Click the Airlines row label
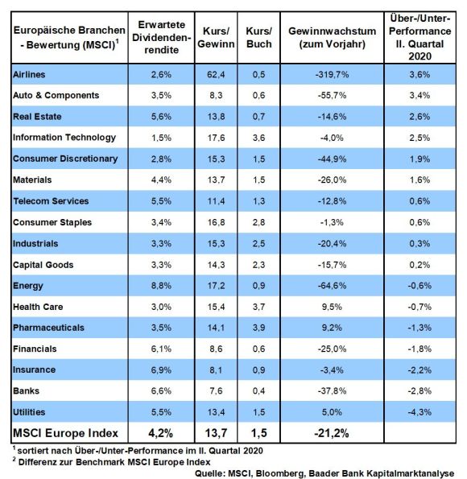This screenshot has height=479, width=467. [x=29, y=74]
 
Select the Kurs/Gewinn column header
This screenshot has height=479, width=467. [x=216, y=37]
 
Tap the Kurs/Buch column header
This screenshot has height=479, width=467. [x=259, y=37]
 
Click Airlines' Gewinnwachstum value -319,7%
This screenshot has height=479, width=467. [x=332, y=74]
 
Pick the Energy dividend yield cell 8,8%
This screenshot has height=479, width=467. [x=161, y=286]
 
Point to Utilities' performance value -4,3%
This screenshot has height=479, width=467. [x=419, y=412]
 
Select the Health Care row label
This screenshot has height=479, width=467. [x=38, y=307]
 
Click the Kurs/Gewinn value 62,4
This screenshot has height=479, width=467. [x=216, y=74]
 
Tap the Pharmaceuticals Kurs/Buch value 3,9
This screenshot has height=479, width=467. [x=259, y=328]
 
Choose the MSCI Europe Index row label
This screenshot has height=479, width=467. [x=65, y=433]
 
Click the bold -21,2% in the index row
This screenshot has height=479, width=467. [x=332, y=433]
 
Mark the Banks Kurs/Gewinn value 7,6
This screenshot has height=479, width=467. [x=216, y=391]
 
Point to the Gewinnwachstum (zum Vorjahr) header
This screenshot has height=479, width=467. [x=333, y=37]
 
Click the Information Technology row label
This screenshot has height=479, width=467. [x=64, y=138]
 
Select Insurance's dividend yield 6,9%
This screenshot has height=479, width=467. [x=161, y=370]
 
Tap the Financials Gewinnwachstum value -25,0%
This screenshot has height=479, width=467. [x=332, y=349]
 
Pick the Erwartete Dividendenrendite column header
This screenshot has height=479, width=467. [x=161, y=37]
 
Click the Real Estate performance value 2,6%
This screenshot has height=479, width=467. [x=419, y=117]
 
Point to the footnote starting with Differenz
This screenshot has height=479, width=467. [x=112, y=462]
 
